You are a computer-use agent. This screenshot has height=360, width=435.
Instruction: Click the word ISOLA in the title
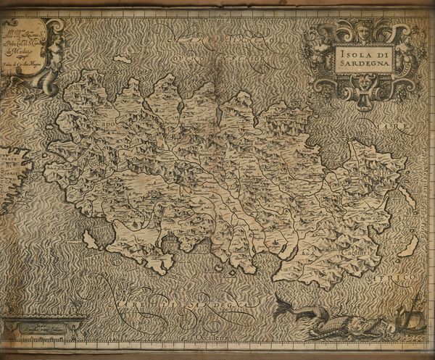click(350, 51)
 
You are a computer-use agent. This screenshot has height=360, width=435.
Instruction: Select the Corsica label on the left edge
click(9, 175)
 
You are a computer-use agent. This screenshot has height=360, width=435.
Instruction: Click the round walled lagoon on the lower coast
click(169, 243)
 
